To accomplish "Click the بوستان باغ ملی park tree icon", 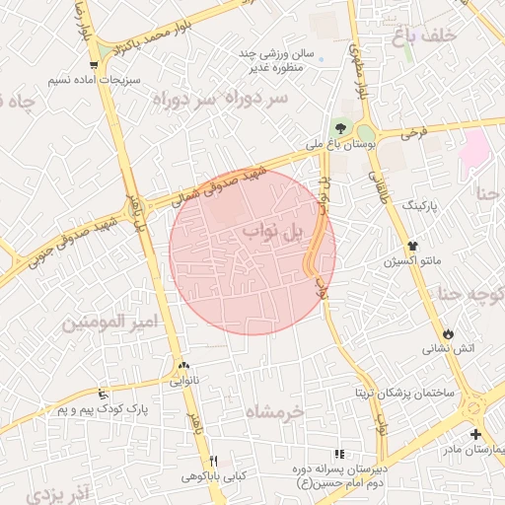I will tap(340, 127).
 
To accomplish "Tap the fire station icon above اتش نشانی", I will tap(450, 333).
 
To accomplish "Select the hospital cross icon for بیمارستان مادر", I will tap(475, 434).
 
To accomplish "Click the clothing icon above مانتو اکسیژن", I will tap(412, 247).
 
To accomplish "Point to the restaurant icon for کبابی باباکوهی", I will tap(214, 461).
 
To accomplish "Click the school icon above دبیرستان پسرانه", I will tap(339, 455).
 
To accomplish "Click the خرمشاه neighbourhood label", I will tap(274, 411).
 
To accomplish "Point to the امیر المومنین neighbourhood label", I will tap(109, 323).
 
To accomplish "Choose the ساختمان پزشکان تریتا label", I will tap(405, 393).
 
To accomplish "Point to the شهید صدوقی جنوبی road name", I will tap(69, 237).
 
